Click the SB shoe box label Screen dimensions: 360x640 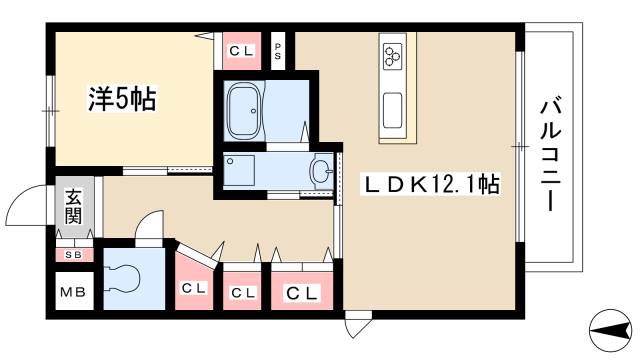click(74, 253)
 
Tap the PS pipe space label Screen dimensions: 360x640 click(278, 48)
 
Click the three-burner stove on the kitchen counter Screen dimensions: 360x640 click(391, 53)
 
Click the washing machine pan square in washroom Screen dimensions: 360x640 click(241, 170)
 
